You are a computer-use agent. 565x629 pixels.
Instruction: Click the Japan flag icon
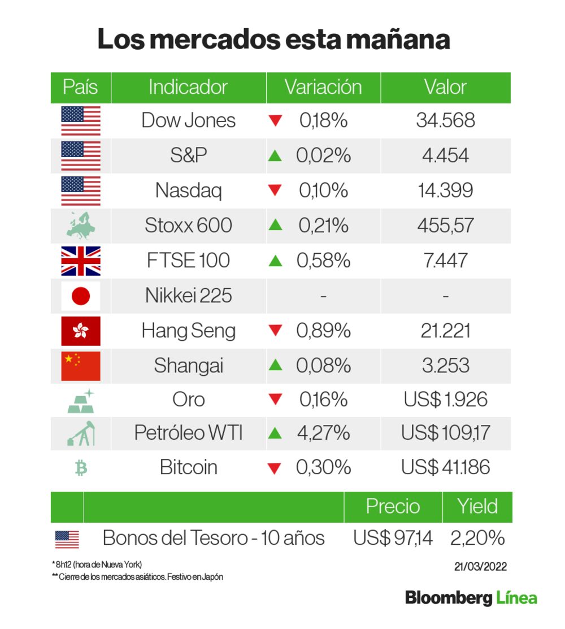81,296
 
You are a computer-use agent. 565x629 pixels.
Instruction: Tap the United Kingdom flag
81,261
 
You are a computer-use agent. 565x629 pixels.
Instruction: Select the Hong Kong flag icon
81,331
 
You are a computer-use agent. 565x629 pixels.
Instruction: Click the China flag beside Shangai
81,366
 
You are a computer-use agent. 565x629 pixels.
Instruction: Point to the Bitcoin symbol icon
81,468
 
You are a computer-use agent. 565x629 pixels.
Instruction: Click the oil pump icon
81,433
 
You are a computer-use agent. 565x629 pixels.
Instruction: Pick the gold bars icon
81,400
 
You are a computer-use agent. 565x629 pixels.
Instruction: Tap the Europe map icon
81,225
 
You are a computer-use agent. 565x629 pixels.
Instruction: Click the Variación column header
323,88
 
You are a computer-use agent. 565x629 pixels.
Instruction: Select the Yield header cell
478,506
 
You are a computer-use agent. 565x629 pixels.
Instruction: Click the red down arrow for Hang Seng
275,331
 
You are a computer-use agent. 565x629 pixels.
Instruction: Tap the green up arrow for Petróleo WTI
275,433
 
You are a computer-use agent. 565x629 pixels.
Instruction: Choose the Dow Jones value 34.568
445,120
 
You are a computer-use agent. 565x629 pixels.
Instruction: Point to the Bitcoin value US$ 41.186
445,468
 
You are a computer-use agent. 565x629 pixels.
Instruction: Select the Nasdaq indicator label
188,190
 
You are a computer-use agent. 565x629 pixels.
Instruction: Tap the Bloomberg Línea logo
471,598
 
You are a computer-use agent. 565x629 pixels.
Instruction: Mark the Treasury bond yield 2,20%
477,538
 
